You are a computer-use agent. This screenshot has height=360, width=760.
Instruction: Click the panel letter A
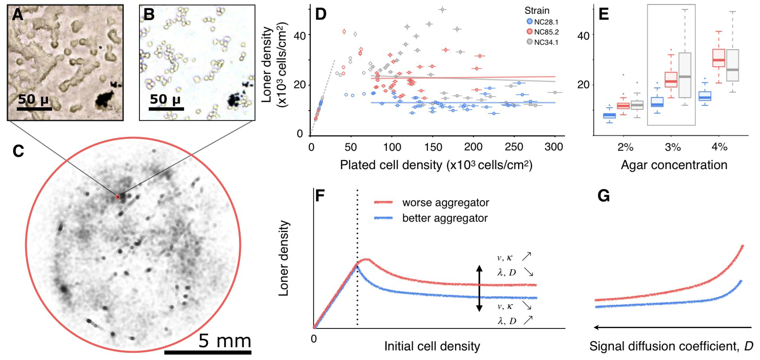pyautogui.click(x=18, y=14)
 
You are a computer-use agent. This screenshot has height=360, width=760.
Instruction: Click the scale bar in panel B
pyautogui.click(x=166, y=108)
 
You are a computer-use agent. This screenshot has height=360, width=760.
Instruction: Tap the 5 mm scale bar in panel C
pyautogui.click(x=208, y=352)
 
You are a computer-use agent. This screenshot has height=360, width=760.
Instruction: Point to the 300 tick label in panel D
pyautogui.click(x=554, y=147)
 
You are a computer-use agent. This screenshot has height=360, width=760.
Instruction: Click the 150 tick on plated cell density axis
pyautogui.click(x=433, y=147)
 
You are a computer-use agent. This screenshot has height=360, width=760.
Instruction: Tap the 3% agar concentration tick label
pyautogui.click(x=673, y=147)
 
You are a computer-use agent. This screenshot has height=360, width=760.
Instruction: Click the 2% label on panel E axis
pyautogui.click(x=625, y=147)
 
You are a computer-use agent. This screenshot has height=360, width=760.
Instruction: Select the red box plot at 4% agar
pyautogui.click(x=719, y=58)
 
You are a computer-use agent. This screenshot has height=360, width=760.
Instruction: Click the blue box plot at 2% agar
pyautogui.click(x=609, y=116)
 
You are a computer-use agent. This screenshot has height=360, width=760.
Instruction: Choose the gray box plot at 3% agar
pyautogui.click(x=685, y=75)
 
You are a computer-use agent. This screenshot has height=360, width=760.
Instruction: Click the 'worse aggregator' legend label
pyautogui.click(x=445, y=202)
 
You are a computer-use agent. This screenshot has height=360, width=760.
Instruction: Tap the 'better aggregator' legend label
pyautogui.click(x=444, y=218)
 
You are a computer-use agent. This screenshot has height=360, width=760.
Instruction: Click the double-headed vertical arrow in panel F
pyautogui.click(x=479, y=288)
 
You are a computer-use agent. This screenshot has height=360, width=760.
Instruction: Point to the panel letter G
pyautogui.click(x=604, y=196)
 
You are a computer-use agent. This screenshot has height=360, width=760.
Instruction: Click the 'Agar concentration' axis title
pyautogui.click(x=674, y=165)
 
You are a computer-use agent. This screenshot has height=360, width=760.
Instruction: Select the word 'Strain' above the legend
pyautogui.click(x=537, y=11)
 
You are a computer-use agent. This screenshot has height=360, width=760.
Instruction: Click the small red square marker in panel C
pyautogui.click(x=118, y=197)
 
